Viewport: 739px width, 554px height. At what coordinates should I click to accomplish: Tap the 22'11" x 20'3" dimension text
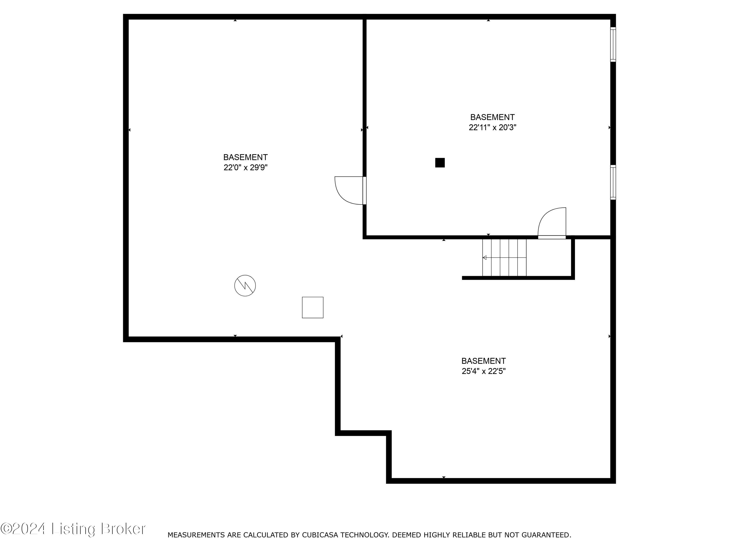492,128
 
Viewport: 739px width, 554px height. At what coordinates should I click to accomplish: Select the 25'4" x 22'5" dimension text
483,371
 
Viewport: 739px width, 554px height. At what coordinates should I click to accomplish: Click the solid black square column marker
440,163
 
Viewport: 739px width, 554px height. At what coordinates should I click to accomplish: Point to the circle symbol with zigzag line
245,286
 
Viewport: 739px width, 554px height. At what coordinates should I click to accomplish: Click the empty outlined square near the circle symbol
312,307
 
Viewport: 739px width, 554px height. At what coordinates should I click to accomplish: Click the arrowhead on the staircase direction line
485,258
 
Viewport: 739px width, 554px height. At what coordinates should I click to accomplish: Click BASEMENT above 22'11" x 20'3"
492,117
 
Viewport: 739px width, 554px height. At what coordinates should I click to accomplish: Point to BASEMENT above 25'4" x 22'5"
483,361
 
